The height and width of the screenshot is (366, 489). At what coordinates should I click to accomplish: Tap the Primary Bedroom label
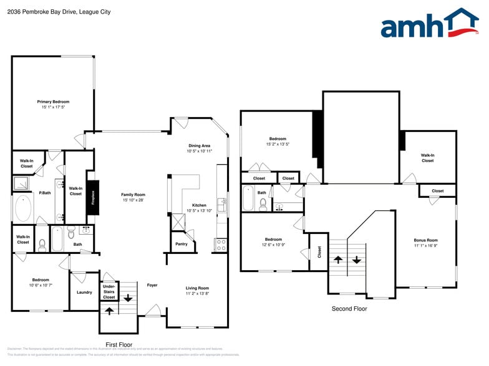[53, 101]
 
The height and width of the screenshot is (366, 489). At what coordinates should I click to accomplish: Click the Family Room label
[133, 195]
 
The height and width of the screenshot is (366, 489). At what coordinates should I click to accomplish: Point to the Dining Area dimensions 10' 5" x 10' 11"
[200, 151]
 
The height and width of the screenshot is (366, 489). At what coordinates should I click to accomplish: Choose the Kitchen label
[199, 205]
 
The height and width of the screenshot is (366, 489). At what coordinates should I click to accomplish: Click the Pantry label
[182, 244]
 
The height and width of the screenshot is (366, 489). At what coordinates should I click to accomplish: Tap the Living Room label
[197, 288]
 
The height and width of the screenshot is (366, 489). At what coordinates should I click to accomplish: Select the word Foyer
[152, 286]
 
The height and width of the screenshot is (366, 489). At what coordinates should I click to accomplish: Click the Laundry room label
[84, 292]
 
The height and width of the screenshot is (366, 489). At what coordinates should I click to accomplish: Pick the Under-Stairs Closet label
[109, 292]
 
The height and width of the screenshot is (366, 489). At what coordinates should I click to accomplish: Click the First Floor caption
[119, 344]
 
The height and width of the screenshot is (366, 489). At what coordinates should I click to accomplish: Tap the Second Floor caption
[349, 309]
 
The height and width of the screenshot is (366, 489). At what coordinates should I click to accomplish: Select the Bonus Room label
[426, 240]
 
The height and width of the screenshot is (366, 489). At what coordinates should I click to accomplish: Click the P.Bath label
[45, 193]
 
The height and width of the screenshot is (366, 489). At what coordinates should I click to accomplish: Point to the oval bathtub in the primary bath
[24, 209]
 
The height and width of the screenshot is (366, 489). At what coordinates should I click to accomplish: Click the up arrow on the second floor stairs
[337, 259]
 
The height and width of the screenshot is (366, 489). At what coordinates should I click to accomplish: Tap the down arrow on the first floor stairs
[128, 298]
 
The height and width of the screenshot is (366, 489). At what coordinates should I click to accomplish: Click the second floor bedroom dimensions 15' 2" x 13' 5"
[278, 144]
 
